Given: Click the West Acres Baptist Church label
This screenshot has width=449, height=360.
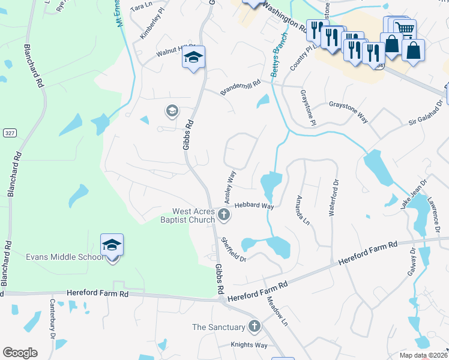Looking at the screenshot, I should click(x=193, y=215).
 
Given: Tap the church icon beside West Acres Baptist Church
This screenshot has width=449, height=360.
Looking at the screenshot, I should click(x=224, y=215).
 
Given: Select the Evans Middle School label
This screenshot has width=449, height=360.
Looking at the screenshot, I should click(x=64, y=257).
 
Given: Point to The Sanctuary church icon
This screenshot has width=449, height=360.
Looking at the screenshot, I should click(x=255, y=327).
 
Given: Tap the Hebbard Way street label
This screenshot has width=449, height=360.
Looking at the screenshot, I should click(x=254, y=205).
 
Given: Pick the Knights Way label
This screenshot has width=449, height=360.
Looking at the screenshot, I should click(x=249, y=345).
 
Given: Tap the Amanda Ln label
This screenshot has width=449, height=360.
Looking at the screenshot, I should click(x=303, y=210).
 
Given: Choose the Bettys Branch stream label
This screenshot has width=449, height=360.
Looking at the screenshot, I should click(x=279, y=53).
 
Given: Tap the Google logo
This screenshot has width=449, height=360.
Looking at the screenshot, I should click(x=20, y=353).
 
